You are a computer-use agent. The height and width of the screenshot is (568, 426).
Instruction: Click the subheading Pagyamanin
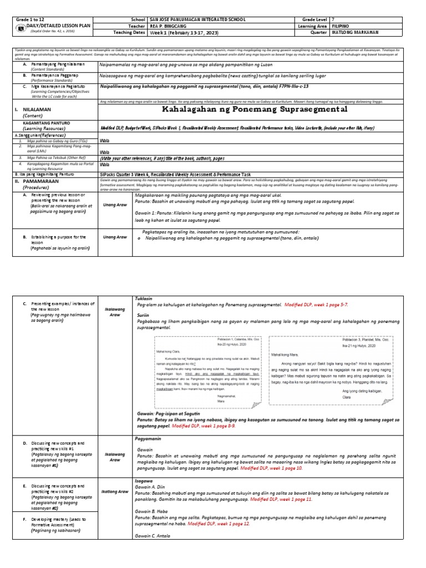pos(148,439)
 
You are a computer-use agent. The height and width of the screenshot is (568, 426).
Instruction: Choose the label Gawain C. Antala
pos(155,536)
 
